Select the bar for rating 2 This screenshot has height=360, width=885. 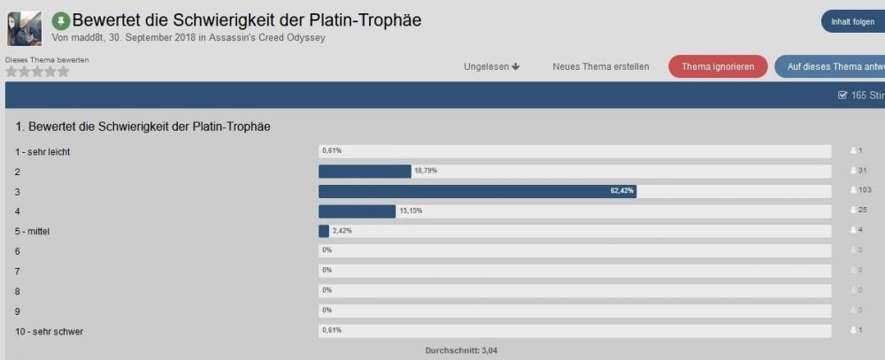pos(365,172)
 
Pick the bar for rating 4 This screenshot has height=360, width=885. pos(357,211)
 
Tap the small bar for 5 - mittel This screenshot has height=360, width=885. pos(324,231)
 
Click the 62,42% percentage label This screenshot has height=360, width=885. pos(622,191)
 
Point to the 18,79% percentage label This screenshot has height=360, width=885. pos(426,171)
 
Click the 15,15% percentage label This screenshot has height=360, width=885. pos(412,211)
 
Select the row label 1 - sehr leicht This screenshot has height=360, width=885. pos(43,151)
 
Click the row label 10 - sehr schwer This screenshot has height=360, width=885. pos(50,332)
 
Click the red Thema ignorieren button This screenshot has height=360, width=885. pos(718,66)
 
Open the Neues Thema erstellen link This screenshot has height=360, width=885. pos(601,66)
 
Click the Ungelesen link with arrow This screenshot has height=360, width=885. pos(491,66)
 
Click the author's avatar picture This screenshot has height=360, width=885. pos(24,28)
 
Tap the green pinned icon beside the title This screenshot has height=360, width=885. pos(61,19)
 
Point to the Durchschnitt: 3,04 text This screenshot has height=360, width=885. pos(461,350)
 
